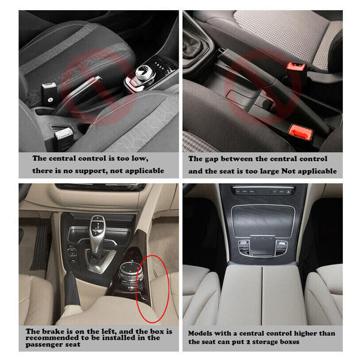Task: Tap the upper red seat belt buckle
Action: tap(294, 67)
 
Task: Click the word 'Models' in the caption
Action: tap(202, 333)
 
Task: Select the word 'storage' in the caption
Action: tap(289, 341)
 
